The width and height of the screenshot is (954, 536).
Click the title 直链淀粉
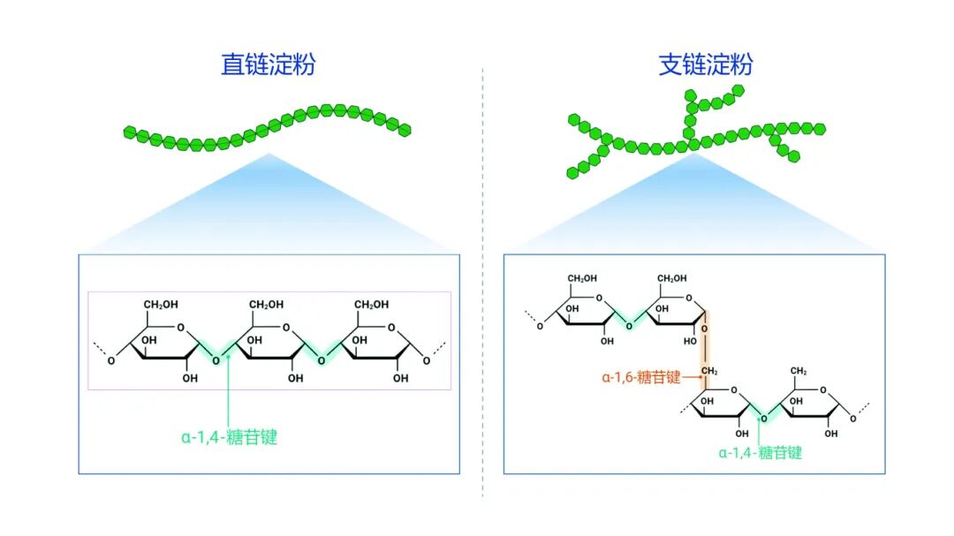268,65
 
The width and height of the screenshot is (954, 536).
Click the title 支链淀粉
706,65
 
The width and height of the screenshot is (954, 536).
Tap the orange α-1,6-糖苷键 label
641,377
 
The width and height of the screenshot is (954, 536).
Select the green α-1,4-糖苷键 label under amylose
230,437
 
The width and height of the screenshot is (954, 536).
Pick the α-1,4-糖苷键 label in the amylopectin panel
761,453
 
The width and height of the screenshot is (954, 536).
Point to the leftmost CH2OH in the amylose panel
161,305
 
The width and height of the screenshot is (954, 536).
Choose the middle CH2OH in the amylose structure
267,305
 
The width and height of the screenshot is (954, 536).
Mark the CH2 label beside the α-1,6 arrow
710,371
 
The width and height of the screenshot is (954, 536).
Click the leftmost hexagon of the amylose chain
130,133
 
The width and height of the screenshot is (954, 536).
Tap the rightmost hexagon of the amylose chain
405,130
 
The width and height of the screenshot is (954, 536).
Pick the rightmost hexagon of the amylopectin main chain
820,129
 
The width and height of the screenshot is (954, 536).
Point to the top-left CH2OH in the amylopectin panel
583,279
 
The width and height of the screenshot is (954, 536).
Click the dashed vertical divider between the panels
483,283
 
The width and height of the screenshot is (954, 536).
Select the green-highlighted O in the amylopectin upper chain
630,326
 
